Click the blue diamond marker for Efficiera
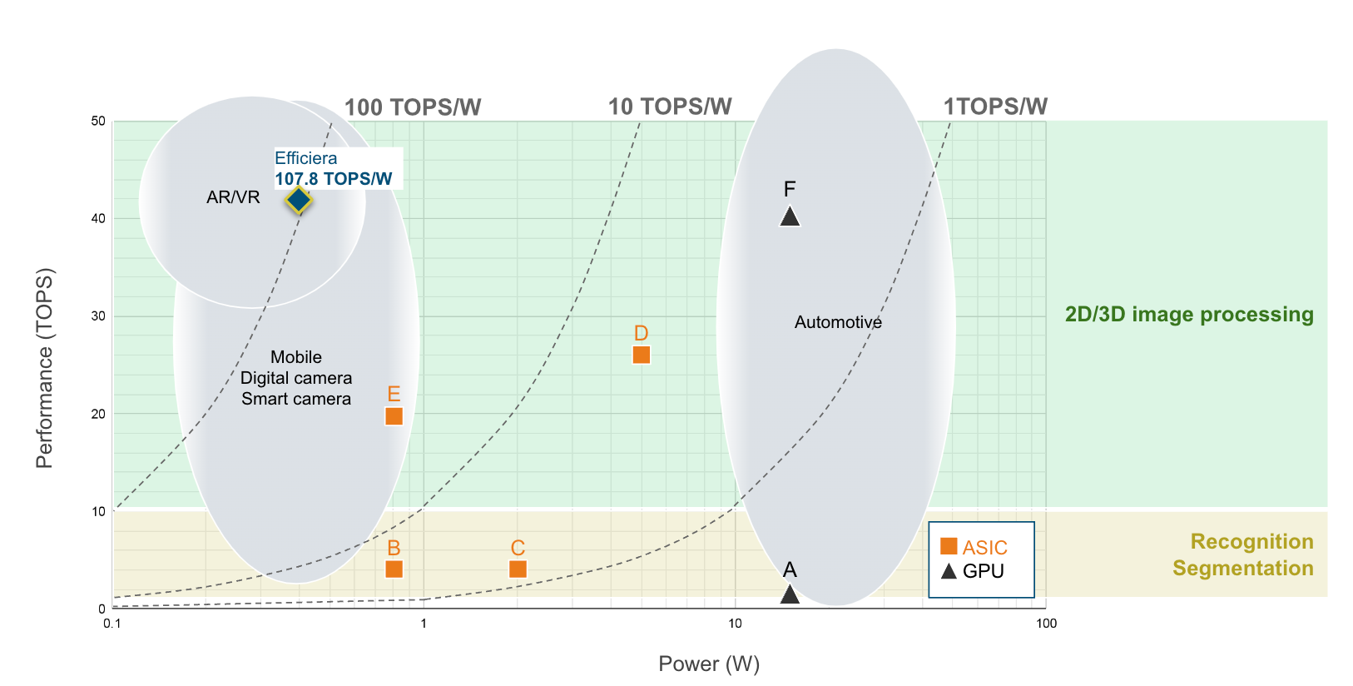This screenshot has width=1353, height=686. (299, 200)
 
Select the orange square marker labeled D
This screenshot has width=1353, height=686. (641, 355)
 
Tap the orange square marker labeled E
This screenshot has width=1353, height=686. (394, 415)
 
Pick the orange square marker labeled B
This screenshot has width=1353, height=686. (394, 569)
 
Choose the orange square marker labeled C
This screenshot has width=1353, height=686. (518, 569)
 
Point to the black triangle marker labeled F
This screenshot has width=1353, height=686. (790, 217)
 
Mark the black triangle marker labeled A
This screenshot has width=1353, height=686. (790, 594)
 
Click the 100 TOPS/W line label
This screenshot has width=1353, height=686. (413, 107)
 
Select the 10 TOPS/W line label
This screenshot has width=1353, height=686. (670, 107)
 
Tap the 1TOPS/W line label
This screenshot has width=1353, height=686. (995, 107)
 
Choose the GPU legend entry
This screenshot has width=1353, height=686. (973, 571)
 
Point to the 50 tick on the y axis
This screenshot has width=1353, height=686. (98, 121)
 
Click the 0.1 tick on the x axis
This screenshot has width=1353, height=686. (112, 624)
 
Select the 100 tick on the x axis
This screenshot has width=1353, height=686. (1046, 624)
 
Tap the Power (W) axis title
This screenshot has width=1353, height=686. (709, 664)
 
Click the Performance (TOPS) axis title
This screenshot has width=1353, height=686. (44, 368)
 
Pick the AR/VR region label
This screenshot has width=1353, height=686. (233, 197)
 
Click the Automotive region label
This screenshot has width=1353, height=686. (838, 322)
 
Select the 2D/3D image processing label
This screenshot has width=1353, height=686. (1189, 314)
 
